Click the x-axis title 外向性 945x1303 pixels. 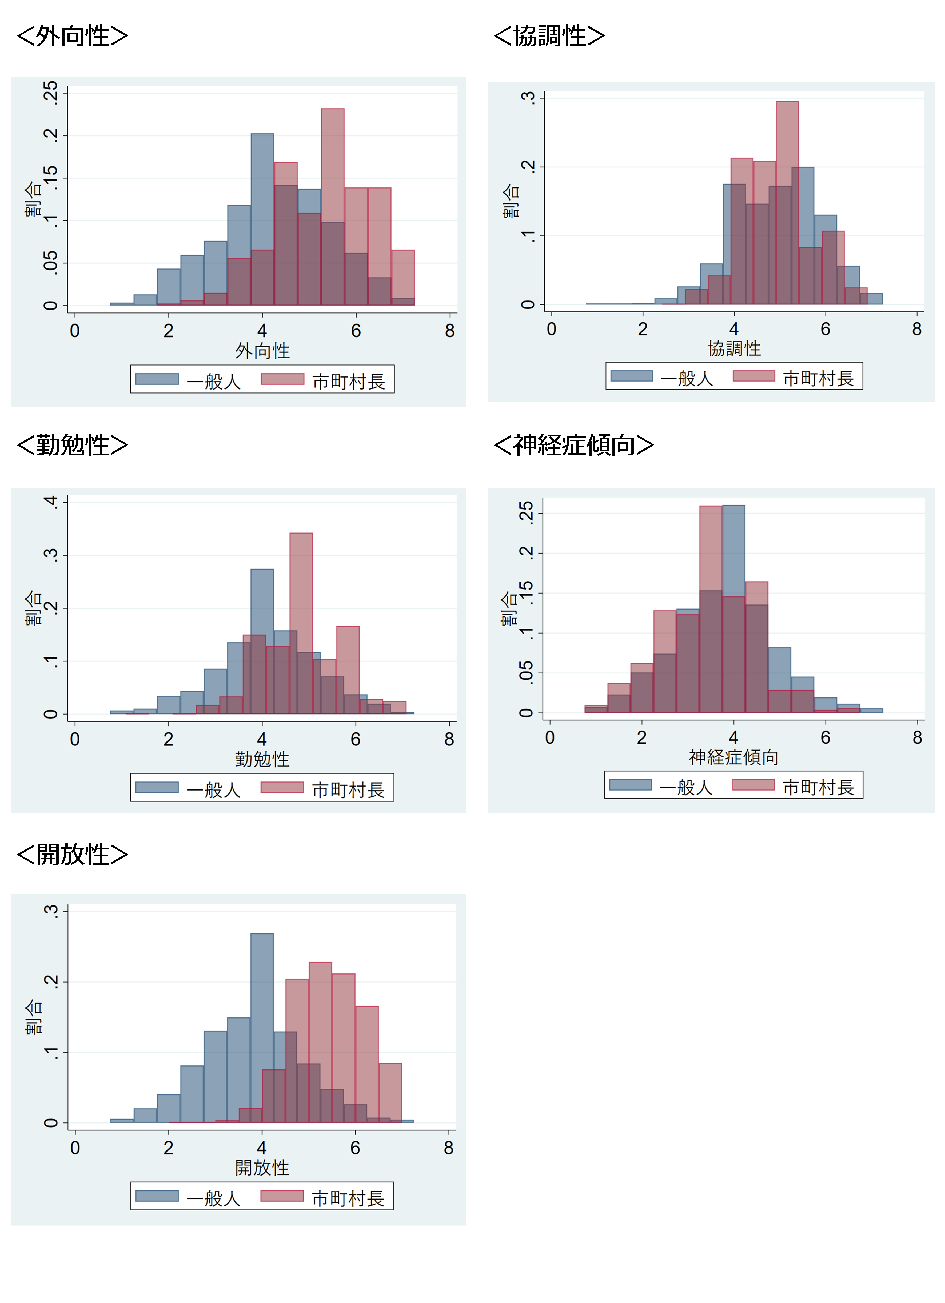(x=262, y=350)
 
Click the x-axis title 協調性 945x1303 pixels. (x=734, y=348)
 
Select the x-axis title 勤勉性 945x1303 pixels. (x=262, y=759)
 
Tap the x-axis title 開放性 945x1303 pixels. (x=262, y=1167)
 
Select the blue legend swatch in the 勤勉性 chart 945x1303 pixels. (x=157, y=787)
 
